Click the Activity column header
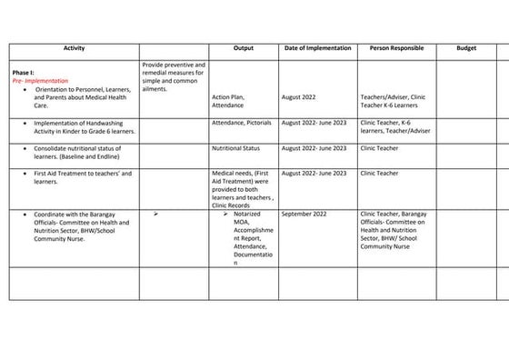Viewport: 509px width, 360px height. point(74,48)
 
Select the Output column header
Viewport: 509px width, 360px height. point(243,48)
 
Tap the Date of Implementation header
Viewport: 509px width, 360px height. point(316,48)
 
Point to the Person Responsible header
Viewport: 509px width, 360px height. point(396,48)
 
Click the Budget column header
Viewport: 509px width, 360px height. point(465,48)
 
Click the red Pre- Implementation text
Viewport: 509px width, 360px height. point(40,81)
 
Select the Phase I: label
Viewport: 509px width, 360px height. point(24,72)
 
